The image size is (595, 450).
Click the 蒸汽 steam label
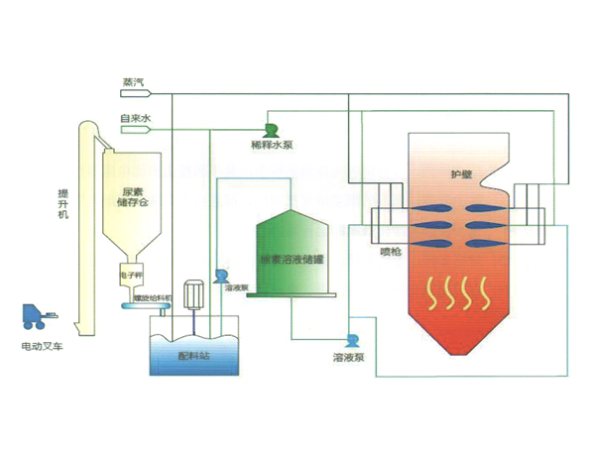pyautogui.click(x=131, y=84)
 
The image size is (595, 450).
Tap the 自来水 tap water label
pyautogui.click(x=134, y=118)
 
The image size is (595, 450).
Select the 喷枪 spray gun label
pyautogui.click(x=391, y=252)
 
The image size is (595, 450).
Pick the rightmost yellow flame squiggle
pyautogui.click(x=484, y=292)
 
